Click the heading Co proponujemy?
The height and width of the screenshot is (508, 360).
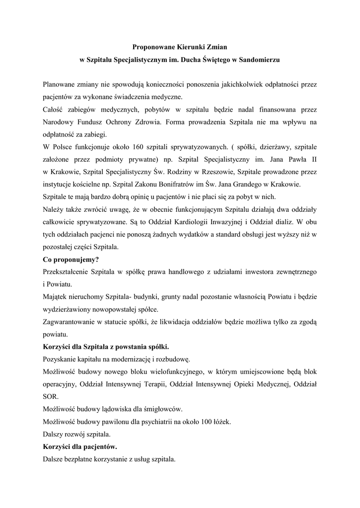pos(68,259)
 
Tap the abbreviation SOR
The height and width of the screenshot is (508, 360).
pos(50,396)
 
